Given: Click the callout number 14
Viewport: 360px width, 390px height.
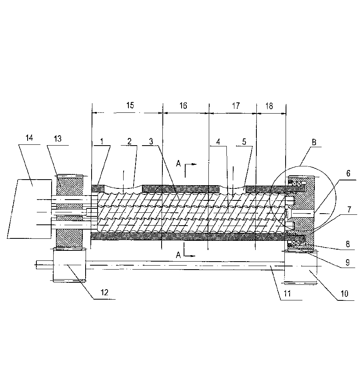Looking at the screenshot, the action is (x=29, y=138).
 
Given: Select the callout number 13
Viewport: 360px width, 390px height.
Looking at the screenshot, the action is (x=58, y=138).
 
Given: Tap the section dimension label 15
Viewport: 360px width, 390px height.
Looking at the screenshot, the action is (x=130, y=105).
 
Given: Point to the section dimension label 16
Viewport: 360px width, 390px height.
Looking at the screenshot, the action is (x=183, y=106).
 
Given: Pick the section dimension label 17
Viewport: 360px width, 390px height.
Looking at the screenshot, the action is (x=236, y=106).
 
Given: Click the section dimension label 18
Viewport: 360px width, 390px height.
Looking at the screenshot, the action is (x=269, y=106).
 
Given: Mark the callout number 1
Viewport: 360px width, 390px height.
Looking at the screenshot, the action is (x=102, y=141).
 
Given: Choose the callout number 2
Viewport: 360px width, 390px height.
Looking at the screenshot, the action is (x=129, y=141).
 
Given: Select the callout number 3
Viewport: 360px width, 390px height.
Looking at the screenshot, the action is (x=151, y=141).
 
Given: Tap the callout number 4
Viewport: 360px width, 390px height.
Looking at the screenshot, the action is (x=218, y=142).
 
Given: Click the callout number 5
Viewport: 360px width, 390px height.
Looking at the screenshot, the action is (x=244, y=142).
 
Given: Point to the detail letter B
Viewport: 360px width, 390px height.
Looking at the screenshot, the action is (x=314, y=142).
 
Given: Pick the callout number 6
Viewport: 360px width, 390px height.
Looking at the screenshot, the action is (x=348, y=173).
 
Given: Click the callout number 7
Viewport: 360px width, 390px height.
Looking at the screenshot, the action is (x=349, y=210).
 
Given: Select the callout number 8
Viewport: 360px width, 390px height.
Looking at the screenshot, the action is (x=348, y=244).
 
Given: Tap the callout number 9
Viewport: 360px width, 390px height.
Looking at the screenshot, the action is (x=348, y=262).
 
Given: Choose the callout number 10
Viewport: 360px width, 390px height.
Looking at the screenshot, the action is (x=344, y=294).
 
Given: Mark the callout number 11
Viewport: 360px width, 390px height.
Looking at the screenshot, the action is (x=287, y=294).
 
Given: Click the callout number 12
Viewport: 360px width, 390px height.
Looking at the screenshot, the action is (x=104, y=292).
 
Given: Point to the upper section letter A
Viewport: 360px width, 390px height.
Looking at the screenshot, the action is (x=178, y=164).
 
